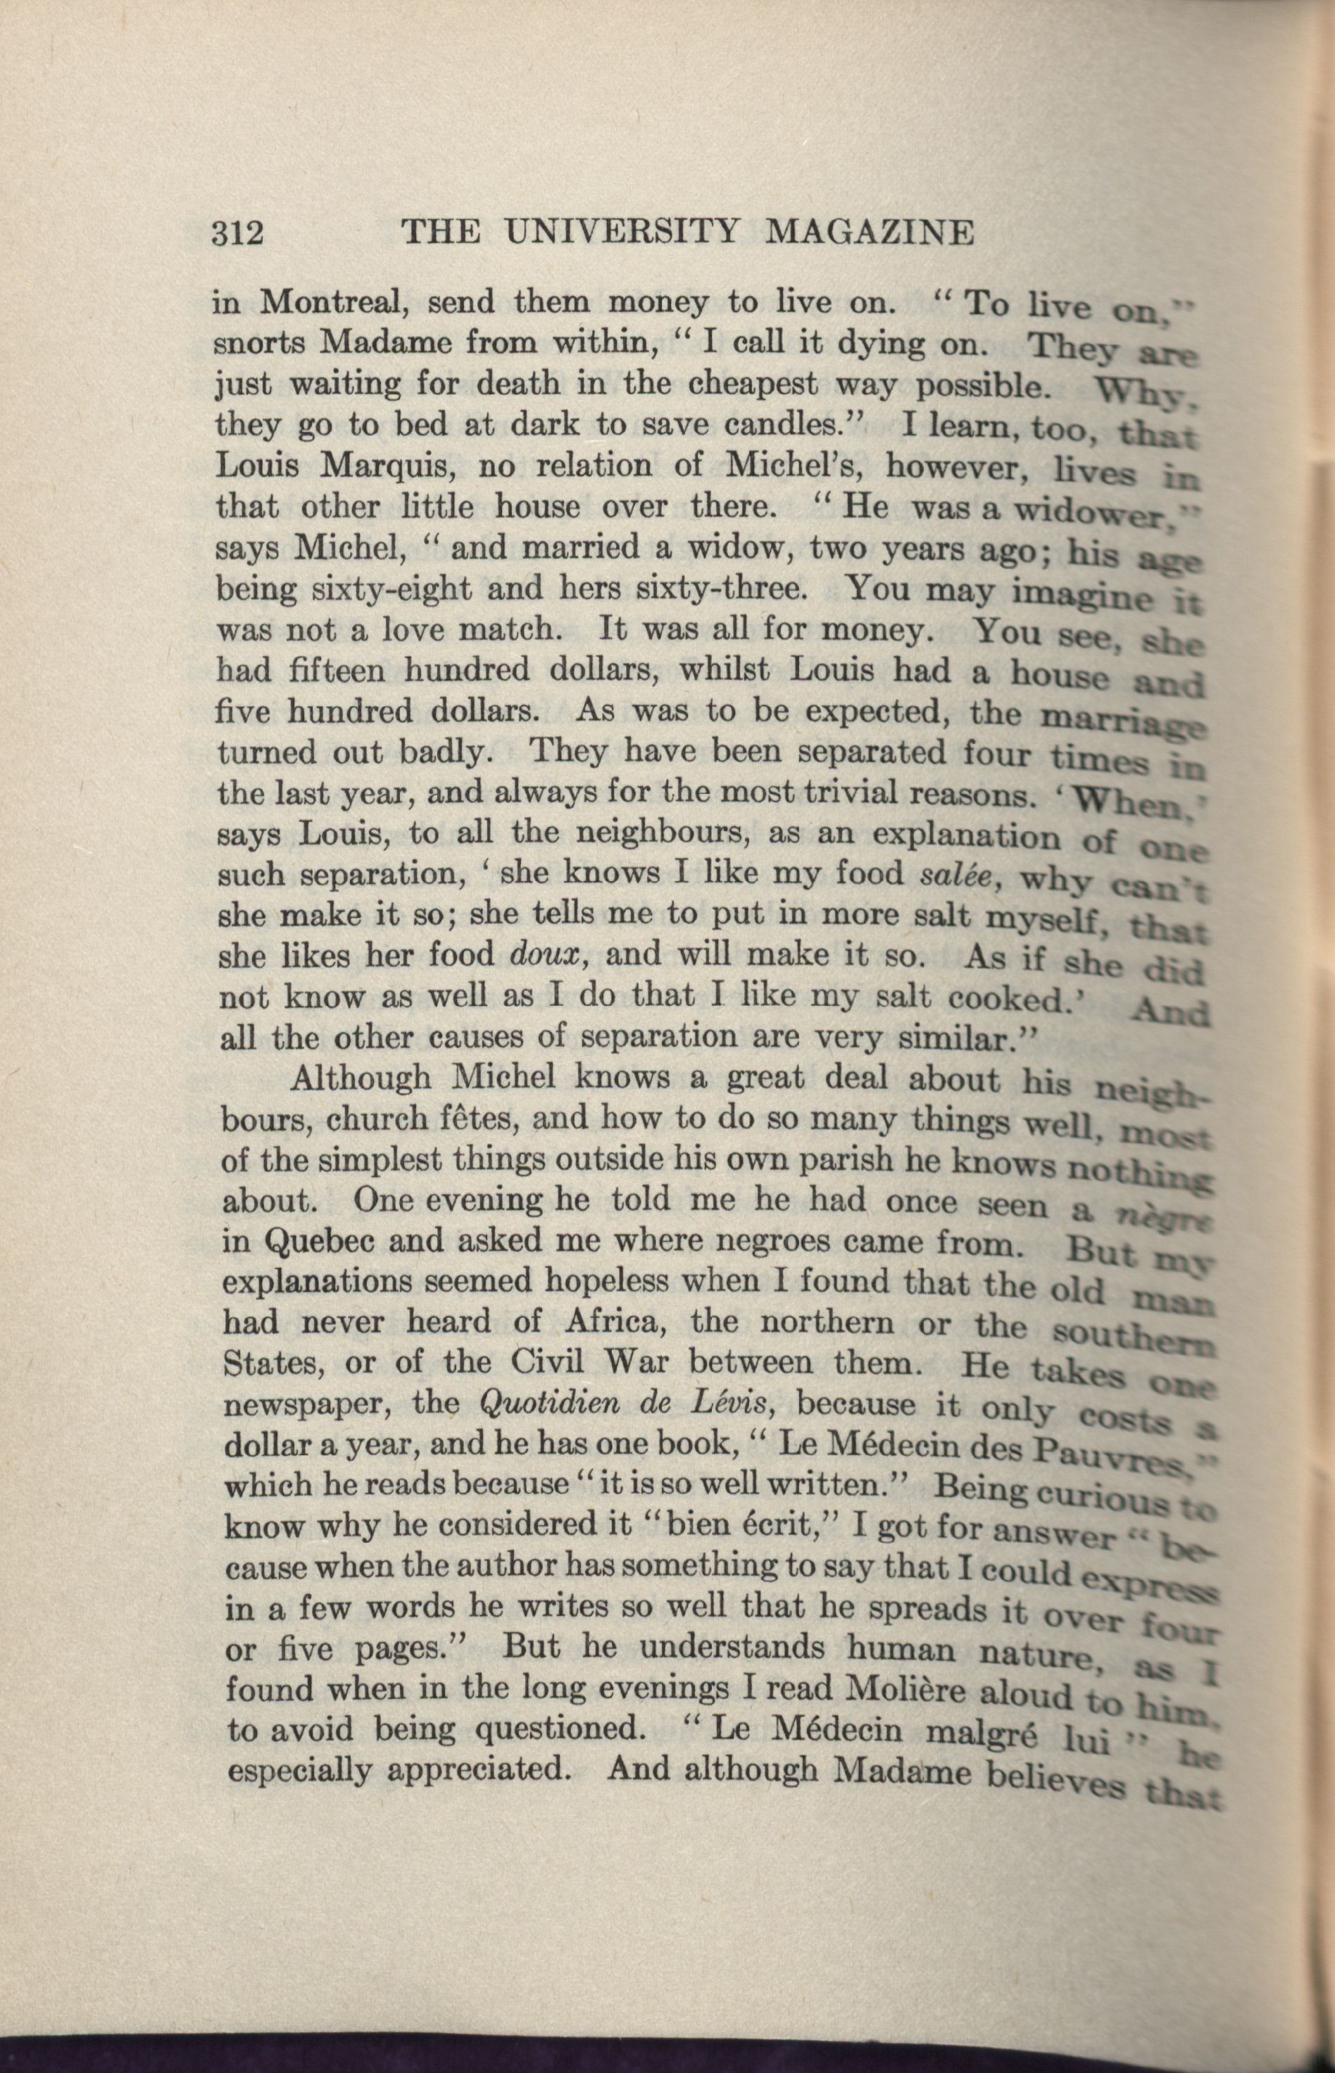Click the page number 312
(237, 233)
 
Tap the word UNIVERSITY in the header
(622, 232)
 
